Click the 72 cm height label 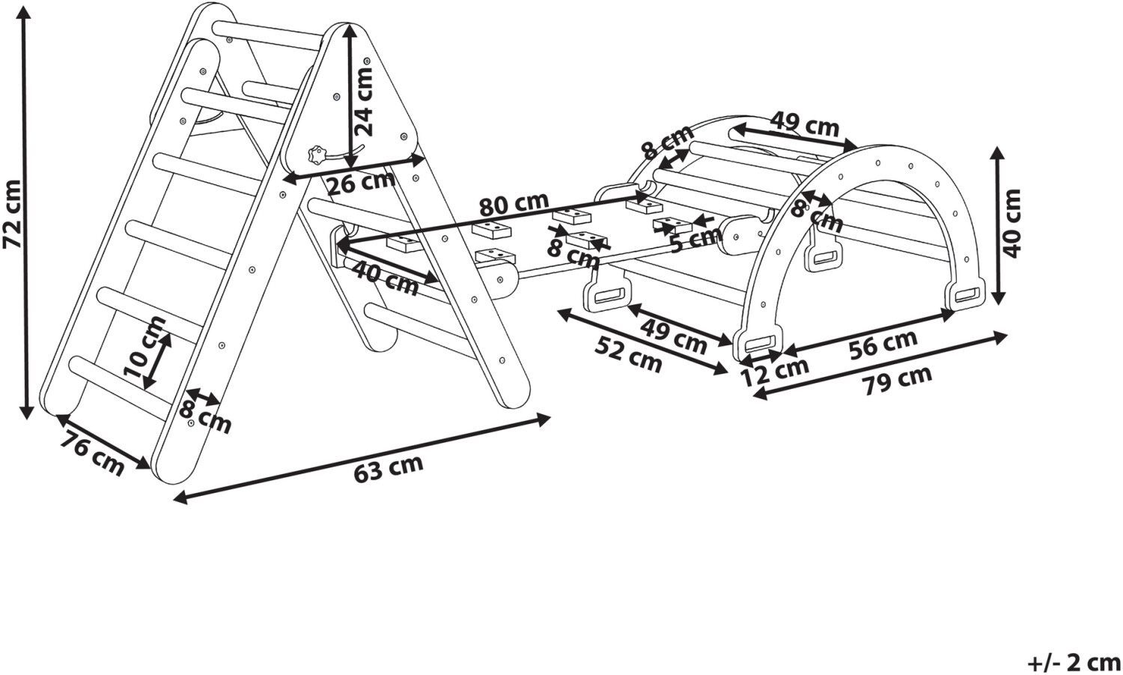point(13,214)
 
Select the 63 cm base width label point(389,468)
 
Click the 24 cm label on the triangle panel point(363,101)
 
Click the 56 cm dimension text point(883,345)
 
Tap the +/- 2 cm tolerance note point(1074,664)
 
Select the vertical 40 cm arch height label point(1011,223)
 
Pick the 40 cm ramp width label point(385,278)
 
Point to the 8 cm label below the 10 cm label point(205,417)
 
